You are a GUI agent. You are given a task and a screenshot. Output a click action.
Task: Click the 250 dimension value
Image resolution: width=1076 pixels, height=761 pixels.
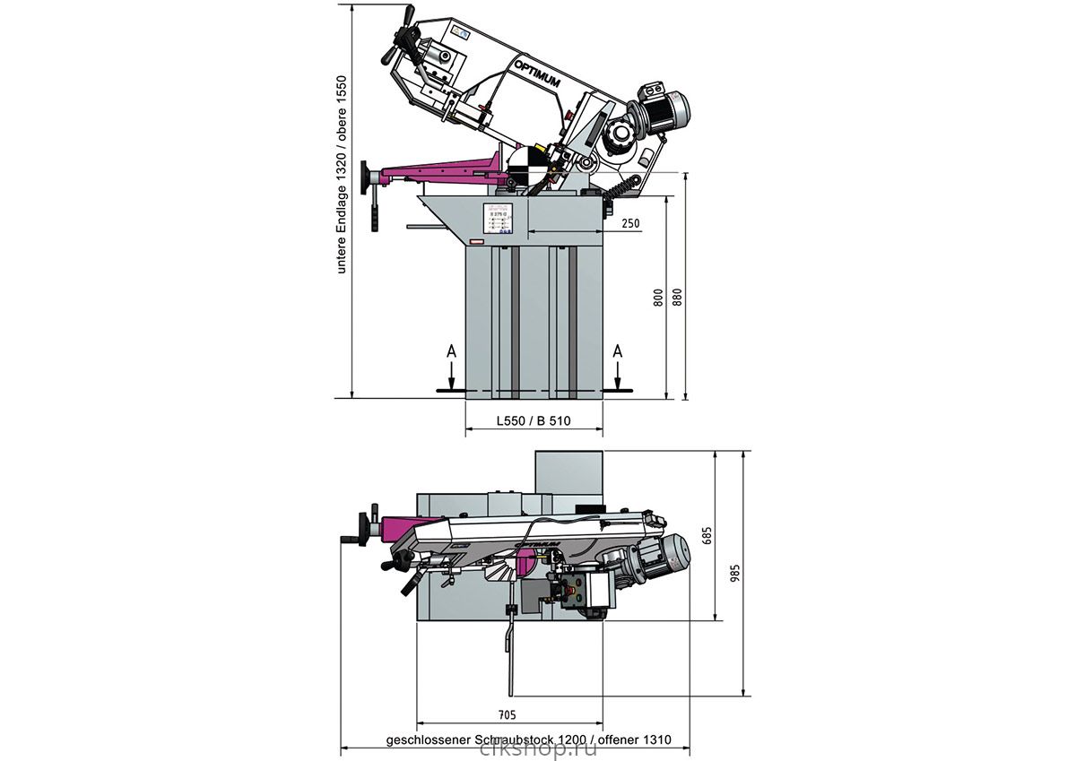pyautogui.click(x=630, y=223)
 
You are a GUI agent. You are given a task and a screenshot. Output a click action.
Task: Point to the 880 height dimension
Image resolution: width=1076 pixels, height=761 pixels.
pyautogui.click(x=677, y=298)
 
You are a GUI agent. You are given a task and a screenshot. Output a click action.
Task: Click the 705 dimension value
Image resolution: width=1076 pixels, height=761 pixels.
pyautogui.click(x=507, y=714)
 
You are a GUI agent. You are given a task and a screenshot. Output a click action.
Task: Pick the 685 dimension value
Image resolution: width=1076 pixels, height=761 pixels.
pyautogui.click(x=707, y=536)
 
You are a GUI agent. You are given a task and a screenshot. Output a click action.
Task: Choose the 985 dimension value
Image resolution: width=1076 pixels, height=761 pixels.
pyautogui.click(x=735, y=575)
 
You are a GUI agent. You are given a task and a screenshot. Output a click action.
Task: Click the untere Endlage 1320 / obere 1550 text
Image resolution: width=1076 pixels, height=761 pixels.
pyautogui.click(x=341, y=175)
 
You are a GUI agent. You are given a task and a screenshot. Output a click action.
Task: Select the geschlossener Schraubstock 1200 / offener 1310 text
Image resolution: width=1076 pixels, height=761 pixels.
pyautogui.click(x=528, y=741)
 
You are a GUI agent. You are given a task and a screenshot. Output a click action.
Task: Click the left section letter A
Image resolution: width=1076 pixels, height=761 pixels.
pyautogui.click(x=453, y=353)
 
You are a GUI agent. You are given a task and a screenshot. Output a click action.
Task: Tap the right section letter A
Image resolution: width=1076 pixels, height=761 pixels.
pyautogui.click(x=617, y=353)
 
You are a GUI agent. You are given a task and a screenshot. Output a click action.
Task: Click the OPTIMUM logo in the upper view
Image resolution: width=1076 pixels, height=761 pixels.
pyautogui.click(x=537, y=74)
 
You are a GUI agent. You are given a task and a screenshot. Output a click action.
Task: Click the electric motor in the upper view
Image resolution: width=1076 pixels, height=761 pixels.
pyautogui.click(x=663, y=107)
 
